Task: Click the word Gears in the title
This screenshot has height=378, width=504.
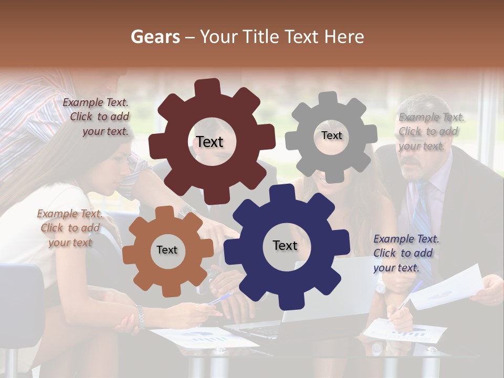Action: (x=155, y=37)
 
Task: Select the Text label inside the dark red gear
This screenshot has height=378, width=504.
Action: (x=209, y=142)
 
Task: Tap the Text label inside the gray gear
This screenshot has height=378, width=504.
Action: (x=331, y=135)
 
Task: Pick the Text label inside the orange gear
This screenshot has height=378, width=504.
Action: (x=167, y=250)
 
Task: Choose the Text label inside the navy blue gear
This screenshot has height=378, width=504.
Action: (x=285, y=245)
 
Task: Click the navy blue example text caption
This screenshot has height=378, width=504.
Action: (x=406, y=253)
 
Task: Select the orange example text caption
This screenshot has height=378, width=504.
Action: (x=70, y=228)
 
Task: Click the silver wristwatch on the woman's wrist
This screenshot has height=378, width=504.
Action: (x=140, y=317)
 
